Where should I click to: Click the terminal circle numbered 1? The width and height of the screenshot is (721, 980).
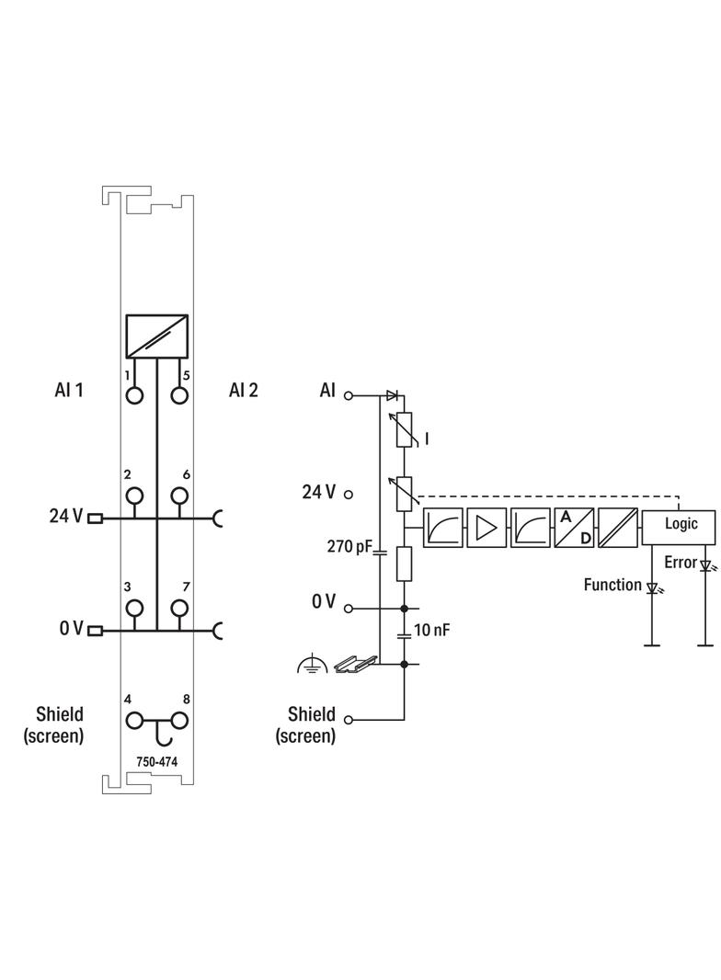(135, 395)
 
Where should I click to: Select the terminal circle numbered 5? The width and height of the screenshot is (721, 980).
(179, 395)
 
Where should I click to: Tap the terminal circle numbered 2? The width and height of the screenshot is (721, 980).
(135, 496)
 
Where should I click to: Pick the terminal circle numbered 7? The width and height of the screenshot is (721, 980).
(179, 608)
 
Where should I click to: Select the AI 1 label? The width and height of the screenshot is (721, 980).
(69, 390)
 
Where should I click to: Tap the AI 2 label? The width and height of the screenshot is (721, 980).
(244, 390)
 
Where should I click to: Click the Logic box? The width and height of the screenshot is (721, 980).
(680, 523)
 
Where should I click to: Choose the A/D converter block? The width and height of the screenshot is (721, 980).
(574, 528)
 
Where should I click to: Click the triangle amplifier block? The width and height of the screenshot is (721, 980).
(486, 528)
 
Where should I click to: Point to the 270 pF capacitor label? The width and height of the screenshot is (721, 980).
(349, 547)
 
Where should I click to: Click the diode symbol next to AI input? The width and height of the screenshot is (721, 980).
(392, 395)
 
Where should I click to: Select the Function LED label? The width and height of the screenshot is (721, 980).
(612, 584)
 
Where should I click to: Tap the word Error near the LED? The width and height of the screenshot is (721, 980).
(681, 562)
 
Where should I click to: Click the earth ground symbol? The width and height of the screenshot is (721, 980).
(312, 665)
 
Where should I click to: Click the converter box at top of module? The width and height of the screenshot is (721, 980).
(157, 336)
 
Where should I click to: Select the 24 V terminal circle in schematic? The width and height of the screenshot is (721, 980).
(349, 494)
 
